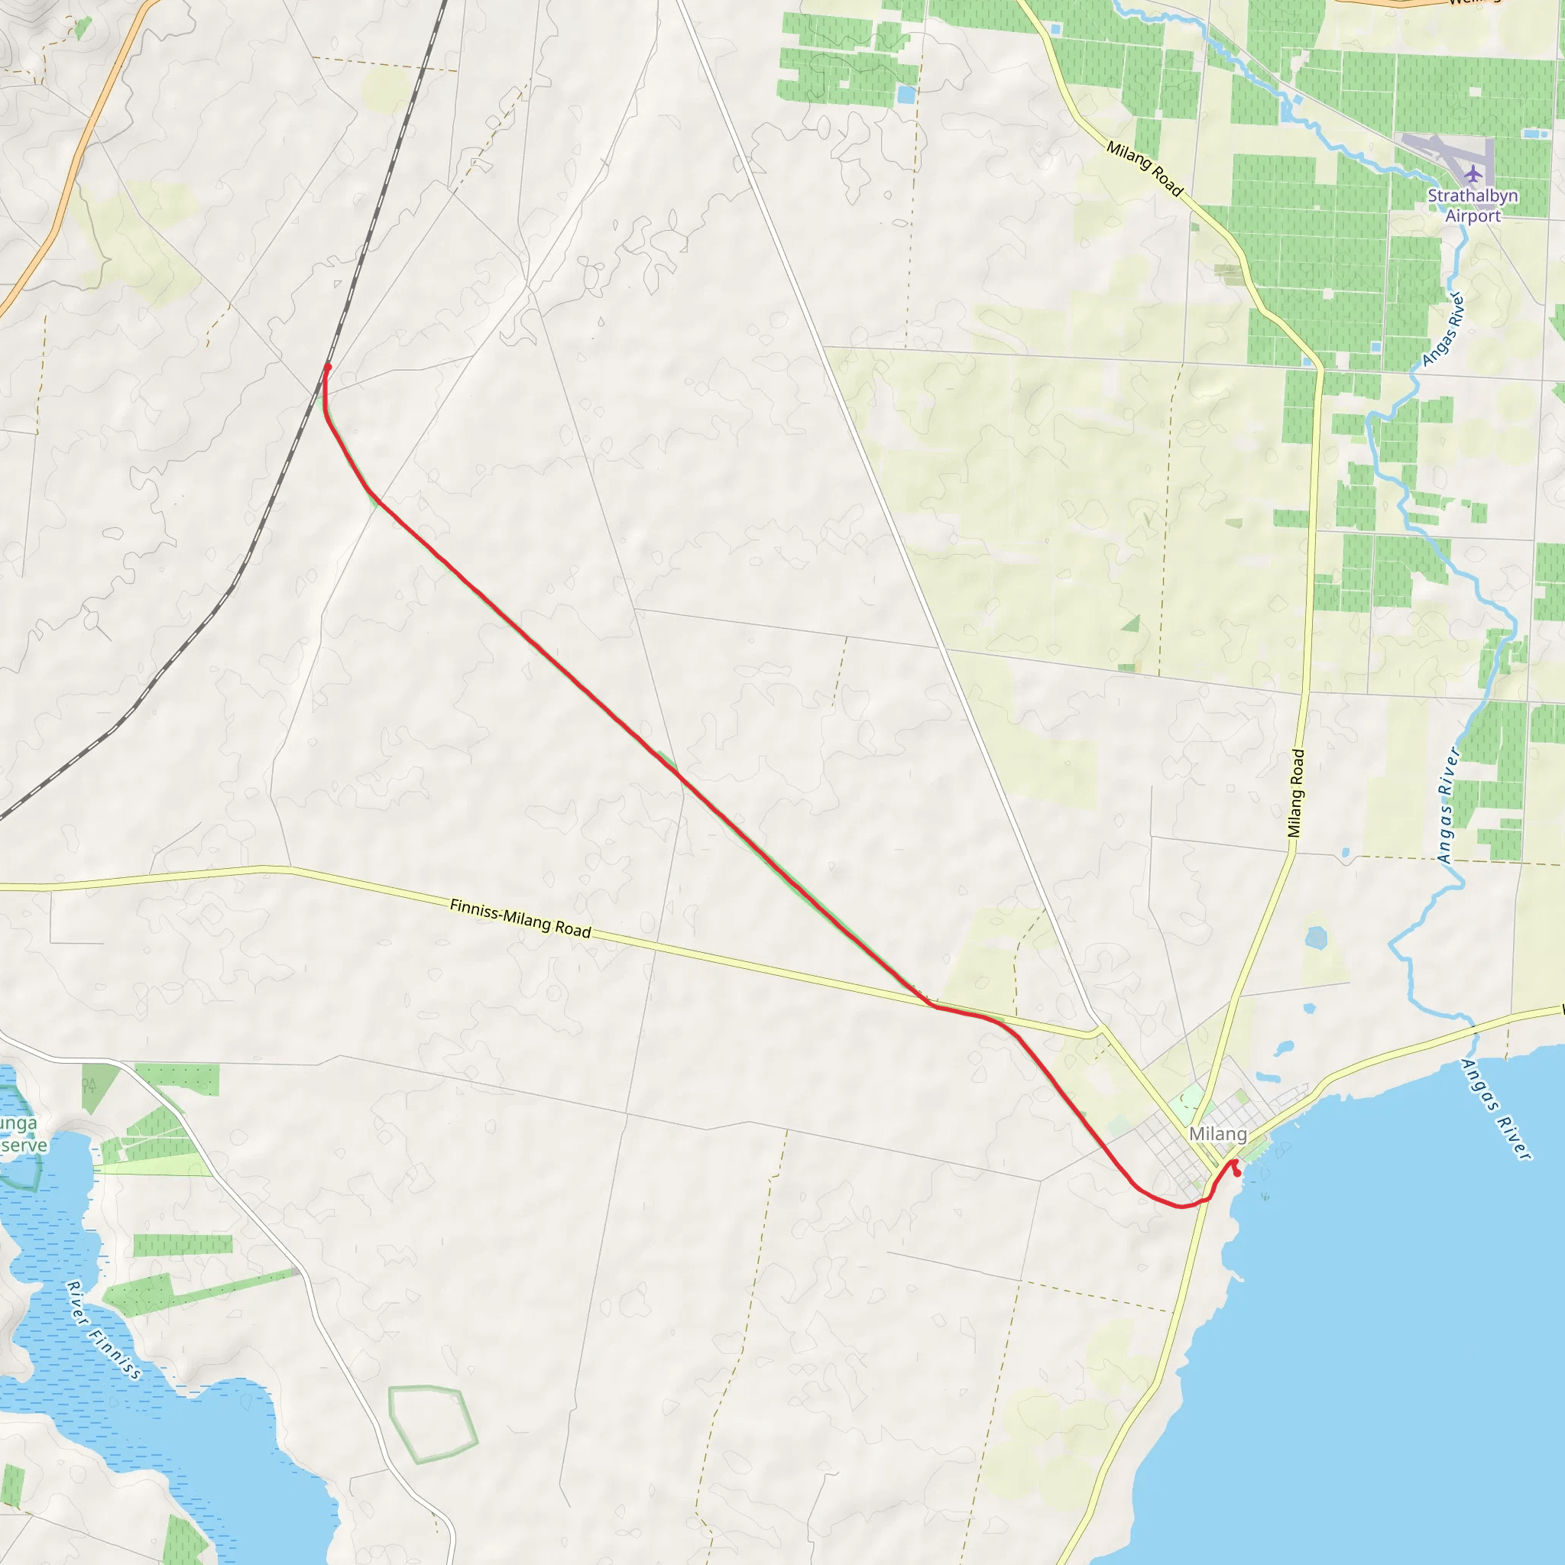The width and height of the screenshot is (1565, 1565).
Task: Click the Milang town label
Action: [1217, 1134]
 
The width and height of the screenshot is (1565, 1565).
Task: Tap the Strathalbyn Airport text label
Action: [1473, 206]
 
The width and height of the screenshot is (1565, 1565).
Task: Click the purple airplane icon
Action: [1473, 173]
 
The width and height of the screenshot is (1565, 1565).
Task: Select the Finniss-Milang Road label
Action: [520, 919]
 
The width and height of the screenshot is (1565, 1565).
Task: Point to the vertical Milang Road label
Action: [1296, 793]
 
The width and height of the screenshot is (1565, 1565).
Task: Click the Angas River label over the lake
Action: [1495, 1109]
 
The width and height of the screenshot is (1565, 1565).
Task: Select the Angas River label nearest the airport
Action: [1443, 328]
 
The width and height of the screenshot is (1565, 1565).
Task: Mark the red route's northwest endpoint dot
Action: [327, 367]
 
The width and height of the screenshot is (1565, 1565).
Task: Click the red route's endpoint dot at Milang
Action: [1237, 1174]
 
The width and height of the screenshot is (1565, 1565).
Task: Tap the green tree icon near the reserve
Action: [89, 1084]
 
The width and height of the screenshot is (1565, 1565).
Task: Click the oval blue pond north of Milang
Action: [1317, 938]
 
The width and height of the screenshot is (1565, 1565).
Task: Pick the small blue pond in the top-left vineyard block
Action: [905, 94]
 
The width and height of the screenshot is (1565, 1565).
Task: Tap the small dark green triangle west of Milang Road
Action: [1132, 623]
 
